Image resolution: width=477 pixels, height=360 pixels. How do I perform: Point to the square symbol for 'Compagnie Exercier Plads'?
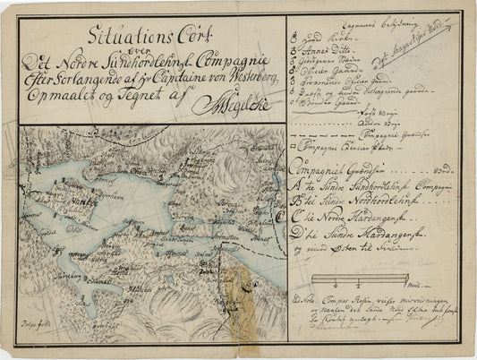(295, 144)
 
